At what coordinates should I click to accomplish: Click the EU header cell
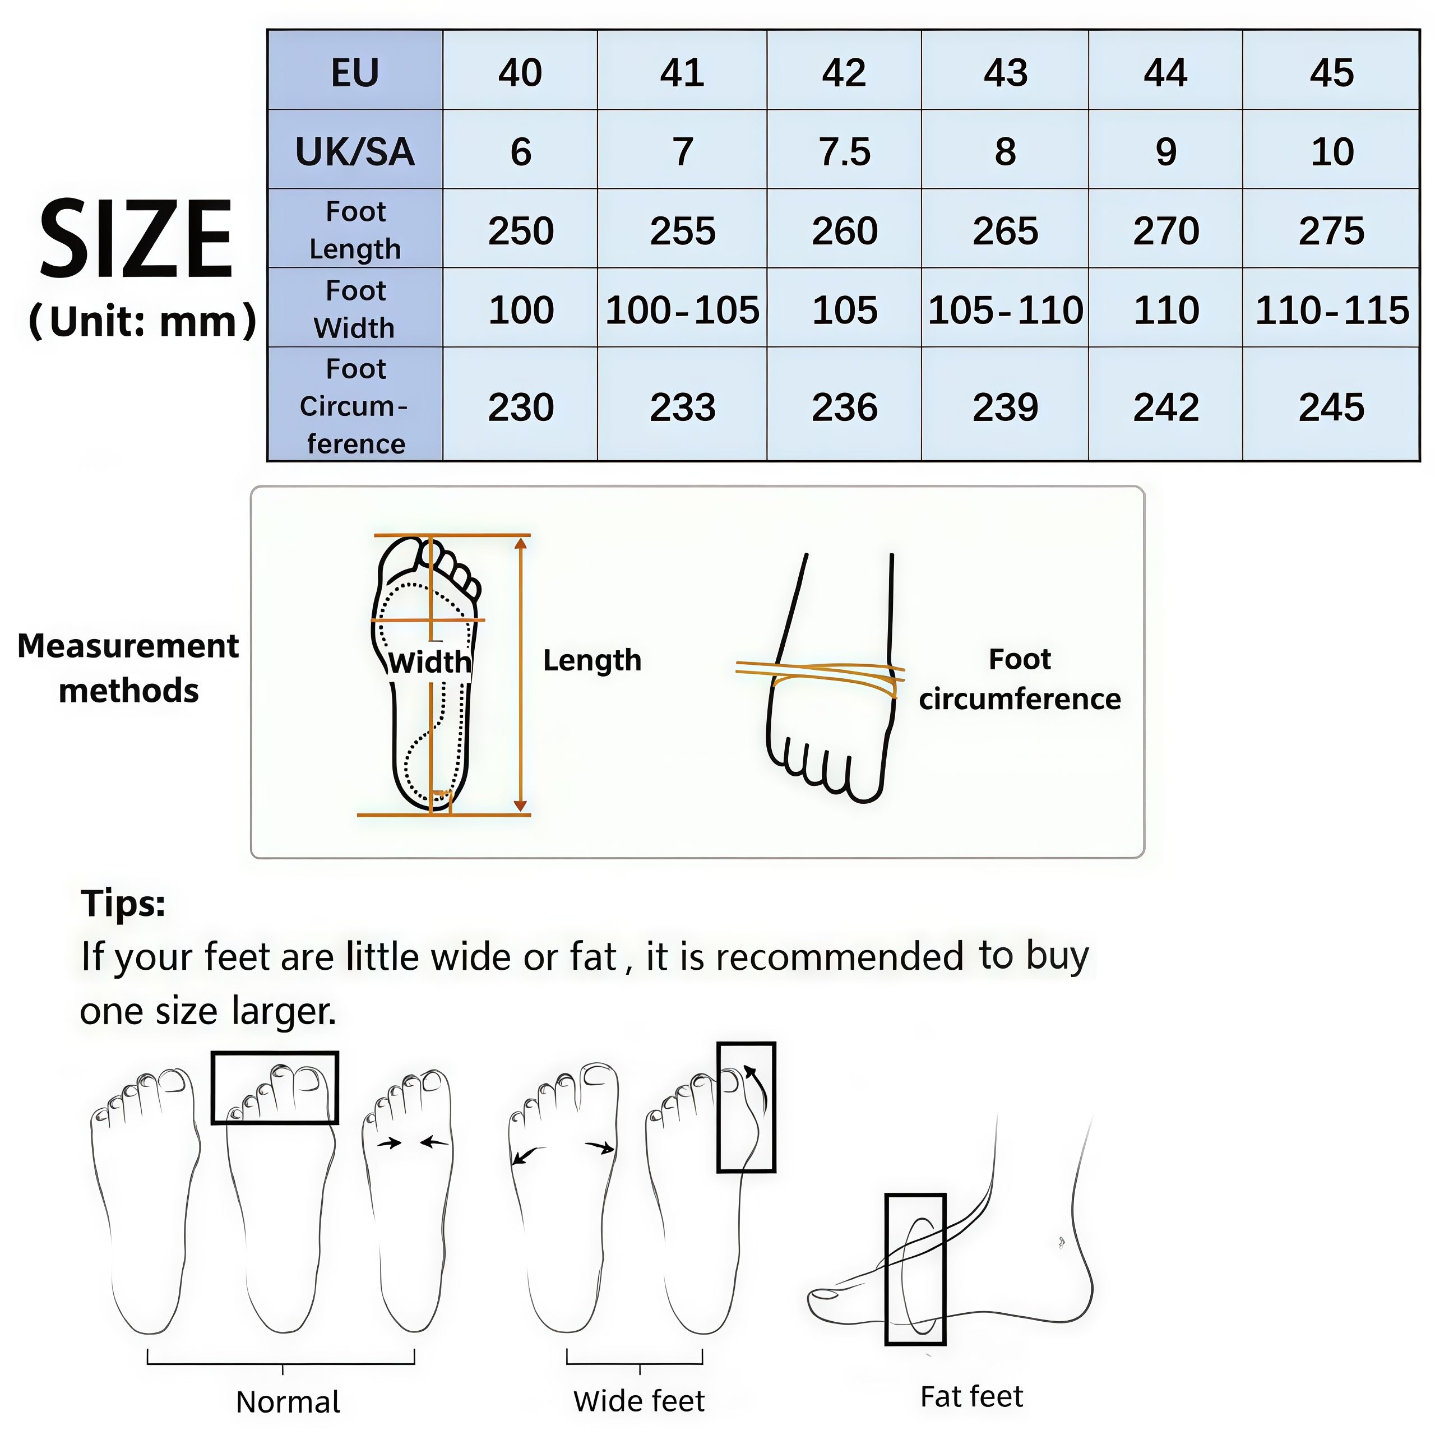click(355, 72)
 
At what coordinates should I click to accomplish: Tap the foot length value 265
click(1005, 231)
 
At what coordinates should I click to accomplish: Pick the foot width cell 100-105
click(682, 310)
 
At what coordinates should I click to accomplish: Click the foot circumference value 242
click(1165, 407)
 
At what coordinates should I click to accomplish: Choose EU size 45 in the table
click(1331, 72)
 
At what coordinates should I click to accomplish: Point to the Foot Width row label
click(355, 308)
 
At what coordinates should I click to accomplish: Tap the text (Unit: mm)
click(142, 321)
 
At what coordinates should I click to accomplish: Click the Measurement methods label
click(128, 668)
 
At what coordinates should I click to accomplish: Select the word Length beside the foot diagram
click(592, 660)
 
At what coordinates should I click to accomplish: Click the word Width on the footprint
click(429, 662)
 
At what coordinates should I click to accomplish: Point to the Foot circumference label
click(1019, 679)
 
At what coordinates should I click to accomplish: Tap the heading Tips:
click(123, 903)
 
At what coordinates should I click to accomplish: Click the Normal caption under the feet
click(288, 1401)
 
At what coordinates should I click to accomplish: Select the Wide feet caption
click(639, 1401)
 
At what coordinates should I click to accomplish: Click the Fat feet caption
click(971, 1396)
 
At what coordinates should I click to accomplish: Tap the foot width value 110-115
click(1331, 310)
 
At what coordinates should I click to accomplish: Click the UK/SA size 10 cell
click(1331, 151)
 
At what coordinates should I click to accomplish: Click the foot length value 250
click(521, 231)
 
